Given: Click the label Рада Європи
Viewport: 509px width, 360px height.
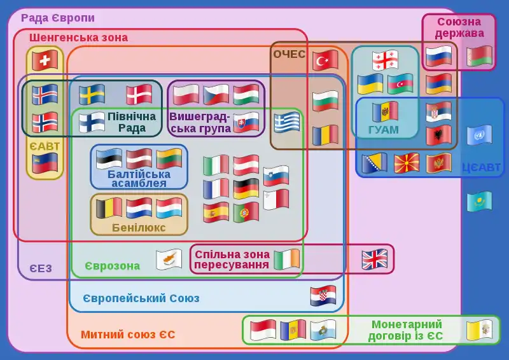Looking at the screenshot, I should (58, 18).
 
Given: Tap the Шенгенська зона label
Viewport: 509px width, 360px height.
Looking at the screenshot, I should (78, 38).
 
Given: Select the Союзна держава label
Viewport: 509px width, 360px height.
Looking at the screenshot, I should (459, 27).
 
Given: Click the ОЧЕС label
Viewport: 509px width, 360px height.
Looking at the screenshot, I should (289, 54).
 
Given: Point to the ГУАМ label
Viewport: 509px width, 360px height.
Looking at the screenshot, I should (383, 130).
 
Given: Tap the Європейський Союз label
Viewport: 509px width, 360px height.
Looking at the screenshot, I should (141, 298).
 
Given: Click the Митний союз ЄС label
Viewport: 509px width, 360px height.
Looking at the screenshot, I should (128, 335).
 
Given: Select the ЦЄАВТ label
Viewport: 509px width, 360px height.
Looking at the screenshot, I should (480, 168).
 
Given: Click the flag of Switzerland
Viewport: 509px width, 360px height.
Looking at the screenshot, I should (45, 60).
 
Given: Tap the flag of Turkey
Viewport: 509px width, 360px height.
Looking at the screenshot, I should (325, 60).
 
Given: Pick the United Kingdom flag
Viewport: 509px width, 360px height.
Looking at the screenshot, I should (375, 259).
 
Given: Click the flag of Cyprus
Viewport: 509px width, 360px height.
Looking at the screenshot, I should (169, 259).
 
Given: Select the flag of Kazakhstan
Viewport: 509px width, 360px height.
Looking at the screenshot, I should (479, 202).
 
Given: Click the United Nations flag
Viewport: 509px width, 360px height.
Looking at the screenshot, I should (479, 135).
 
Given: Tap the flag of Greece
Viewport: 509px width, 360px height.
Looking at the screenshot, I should (287, 123).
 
